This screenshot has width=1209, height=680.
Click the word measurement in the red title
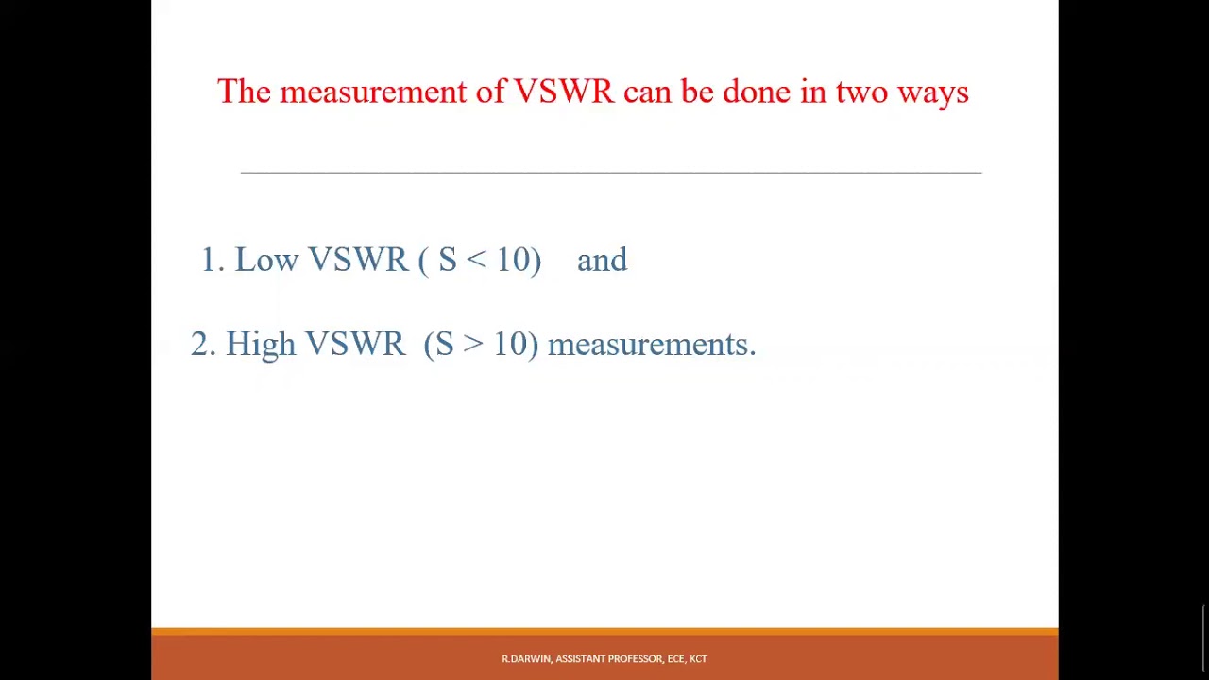(x=372, y=93)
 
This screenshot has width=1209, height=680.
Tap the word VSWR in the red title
(x=563, y=93)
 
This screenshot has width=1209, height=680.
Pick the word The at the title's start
(x=244, y=93)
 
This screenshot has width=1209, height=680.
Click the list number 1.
(x=209, y=261)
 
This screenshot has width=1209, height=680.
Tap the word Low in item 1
(x=266, y=261)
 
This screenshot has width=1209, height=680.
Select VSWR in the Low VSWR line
(x=357, y=261)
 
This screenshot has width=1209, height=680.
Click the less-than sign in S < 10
(x=477, y=261)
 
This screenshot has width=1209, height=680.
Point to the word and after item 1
(x=602, y=261)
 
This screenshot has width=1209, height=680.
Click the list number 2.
(x=201, y=345)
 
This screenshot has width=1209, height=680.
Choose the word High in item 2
(x=260, y=345)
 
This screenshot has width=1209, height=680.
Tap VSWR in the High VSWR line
(x=354, y=345)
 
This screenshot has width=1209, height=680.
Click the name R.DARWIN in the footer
(x=526, y=659)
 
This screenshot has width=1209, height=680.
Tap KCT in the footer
(x=698, y=659)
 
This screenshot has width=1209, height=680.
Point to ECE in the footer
(x=675, y=659)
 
